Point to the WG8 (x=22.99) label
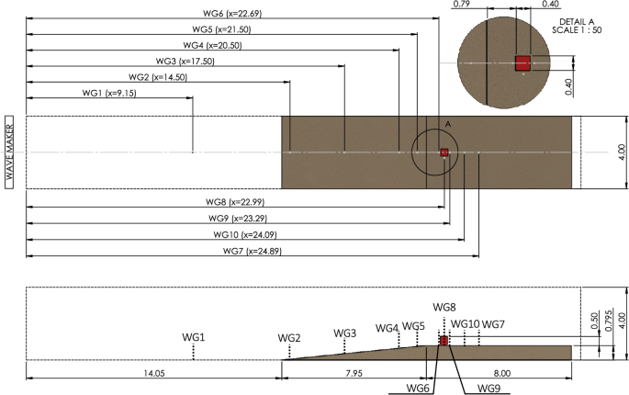pyautogui.click(x=234, y=201)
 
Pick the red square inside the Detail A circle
pyautogui.click(x=522, y=62)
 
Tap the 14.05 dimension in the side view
pyautogui.click(x=152, y=373)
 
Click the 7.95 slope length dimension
pyautogui.click(x=354, y=373)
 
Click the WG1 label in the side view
pyautogui.click(x=194, y=337)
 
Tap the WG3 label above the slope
pyautogui.click(x=344, y=333)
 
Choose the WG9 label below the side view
pyautogui.click(x=489, y=389)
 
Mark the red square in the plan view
pyautogui.click(x=444, y=152)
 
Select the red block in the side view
pyautogui.click(x=444, y=341)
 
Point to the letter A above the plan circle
pyautogui.click(x=447, y=122)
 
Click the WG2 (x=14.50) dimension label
pyautogui.click(x=158, y=77)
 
